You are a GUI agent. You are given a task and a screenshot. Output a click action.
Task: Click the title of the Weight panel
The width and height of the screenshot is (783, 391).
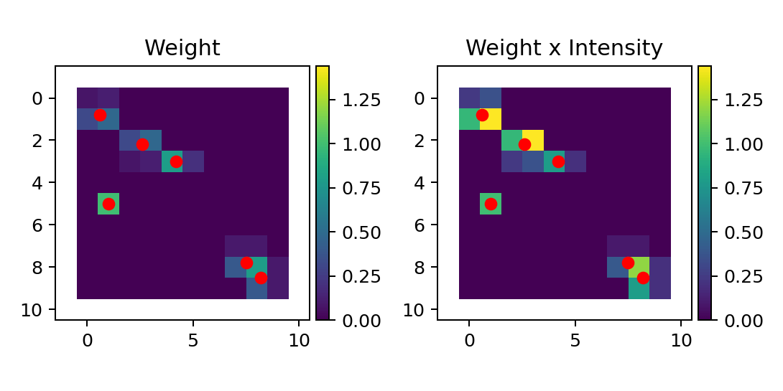182,49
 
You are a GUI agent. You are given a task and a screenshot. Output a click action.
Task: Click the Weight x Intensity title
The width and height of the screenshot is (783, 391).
564,49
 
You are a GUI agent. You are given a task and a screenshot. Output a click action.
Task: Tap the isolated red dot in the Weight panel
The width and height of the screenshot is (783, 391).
108,204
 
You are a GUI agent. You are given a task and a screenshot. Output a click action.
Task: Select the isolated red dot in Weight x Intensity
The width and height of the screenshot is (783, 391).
491,204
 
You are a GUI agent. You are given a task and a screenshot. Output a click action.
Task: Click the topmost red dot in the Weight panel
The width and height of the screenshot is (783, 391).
100,115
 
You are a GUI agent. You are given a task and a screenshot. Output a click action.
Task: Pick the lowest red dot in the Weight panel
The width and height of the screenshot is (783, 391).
261,278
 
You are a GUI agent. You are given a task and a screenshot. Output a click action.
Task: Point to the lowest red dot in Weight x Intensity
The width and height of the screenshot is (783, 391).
643,278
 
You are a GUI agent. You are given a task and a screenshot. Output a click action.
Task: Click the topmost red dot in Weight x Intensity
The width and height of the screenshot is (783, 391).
482,115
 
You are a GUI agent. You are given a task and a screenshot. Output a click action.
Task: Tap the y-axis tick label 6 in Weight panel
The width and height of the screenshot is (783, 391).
39,225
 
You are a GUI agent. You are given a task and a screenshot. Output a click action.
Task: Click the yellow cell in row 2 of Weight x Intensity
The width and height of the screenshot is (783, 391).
533,141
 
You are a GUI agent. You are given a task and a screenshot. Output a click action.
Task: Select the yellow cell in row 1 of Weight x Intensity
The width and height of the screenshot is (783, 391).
491,119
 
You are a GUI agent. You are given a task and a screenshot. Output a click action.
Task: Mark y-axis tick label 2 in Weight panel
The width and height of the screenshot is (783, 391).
39,141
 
